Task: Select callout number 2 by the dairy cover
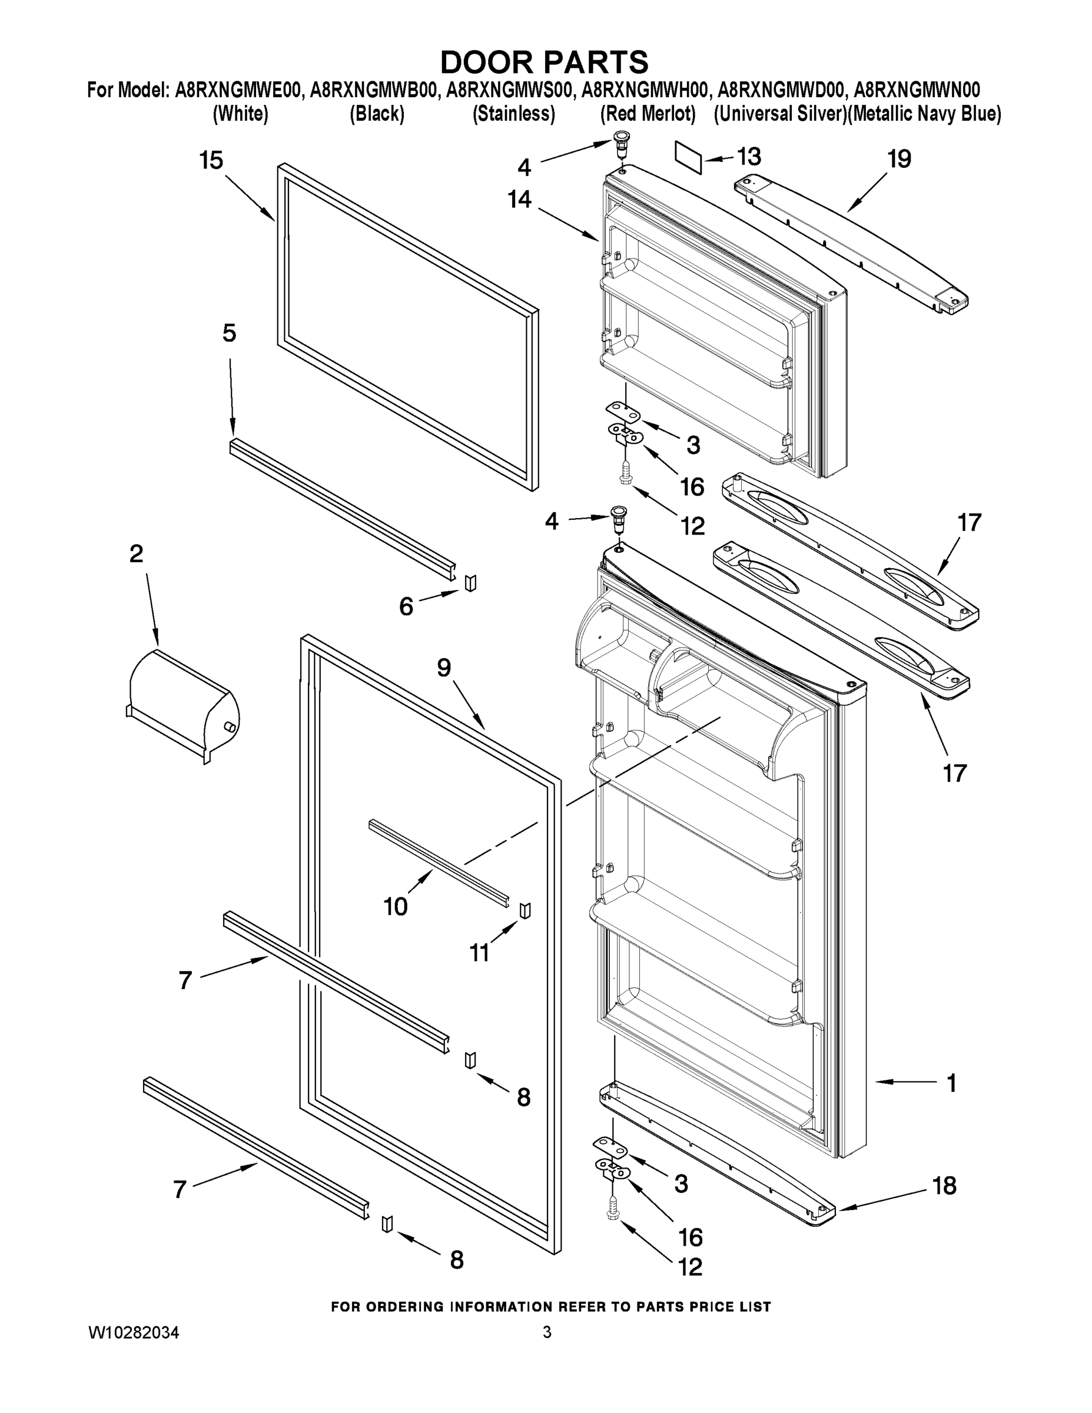click(x=136, y=554)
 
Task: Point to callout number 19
click(x=900, y=158)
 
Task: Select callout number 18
click(x=944, y=1186)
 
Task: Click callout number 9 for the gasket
click(x=443, y=668)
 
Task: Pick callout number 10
click(x=395, y=907)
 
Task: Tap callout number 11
click(x=479, y=953)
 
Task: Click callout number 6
click(x=406, y=606)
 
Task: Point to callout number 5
click(x=229, y=333)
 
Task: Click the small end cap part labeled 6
click(x=470, y=582)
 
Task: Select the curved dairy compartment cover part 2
click(x=183, y=705)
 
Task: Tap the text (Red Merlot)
click(x=648, y=114)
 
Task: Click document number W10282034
click(x=133, y=1333)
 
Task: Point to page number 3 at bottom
click(x=547, y=1332)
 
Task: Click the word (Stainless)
click(x=514, y=114)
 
